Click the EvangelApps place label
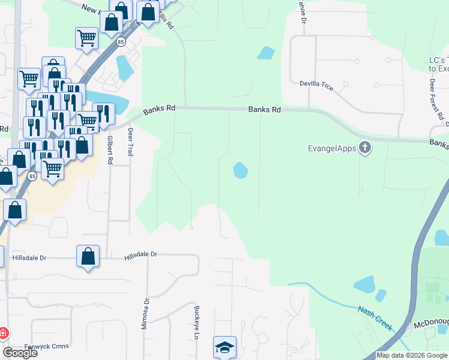[x=332, y=148]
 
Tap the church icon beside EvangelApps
[x=364, y=148]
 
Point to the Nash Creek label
[x=375, y=318]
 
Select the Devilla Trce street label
[x=316, y=84]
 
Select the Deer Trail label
[x=130, y=142]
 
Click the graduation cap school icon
[x=225, y=347]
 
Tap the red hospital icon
[x=3, y=332]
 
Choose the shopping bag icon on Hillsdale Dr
[x=88, y=256]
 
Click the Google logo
[x=20, y=353]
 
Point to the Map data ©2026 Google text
[x=412, y=355]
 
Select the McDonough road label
[x=431, y=326]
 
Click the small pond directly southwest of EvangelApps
[x=240, y=170]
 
